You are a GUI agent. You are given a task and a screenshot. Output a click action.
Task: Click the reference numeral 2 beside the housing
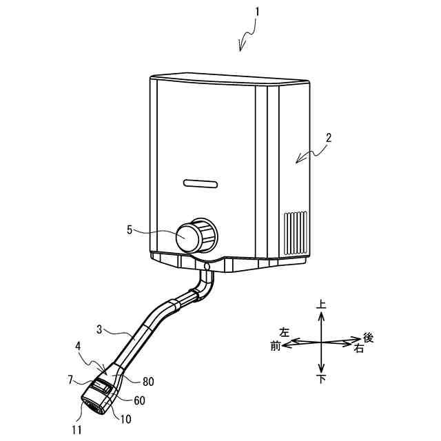click(329, 136)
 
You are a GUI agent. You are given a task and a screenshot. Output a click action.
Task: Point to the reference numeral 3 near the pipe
click(99, 330)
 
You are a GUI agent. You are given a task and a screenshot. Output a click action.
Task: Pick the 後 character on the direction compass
click(368, 338)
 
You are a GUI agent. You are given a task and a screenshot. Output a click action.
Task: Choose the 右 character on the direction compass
click(359, 349)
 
